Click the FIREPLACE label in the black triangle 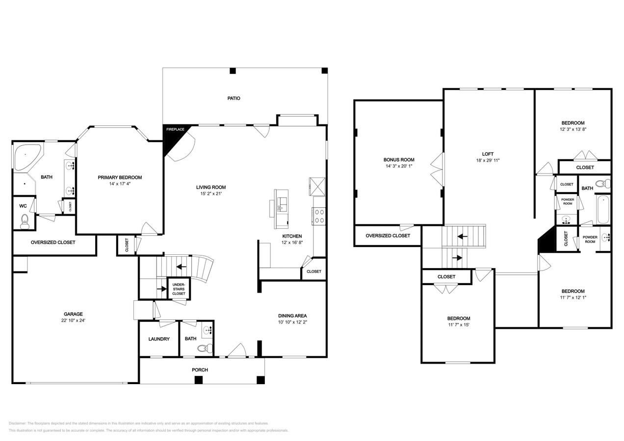click(x=175, y=130)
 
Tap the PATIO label click(x=234, y=98)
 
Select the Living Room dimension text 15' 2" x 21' click(x=211, y=194)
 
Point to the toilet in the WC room click(x=25, y=223)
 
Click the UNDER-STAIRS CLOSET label click(x=179, y=289)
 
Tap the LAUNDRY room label click(x=159, y=339)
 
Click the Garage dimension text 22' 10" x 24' click(x=73, y=320)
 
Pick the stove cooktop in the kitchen click(x=319, y=217)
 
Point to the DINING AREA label click(x=292, y=316)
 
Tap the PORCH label click(x=200, y=369)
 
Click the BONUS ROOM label click(x=399, y=160)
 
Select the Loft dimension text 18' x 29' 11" click(x=488, y=160)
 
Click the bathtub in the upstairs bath click(x=603, y=210)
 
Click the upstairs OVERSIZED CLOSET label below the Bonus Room click(x=388, y=236)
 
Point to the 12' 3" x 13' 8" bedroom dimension click(x=573, y=129)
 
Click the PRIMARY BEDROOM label click(x=120, y=177)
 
